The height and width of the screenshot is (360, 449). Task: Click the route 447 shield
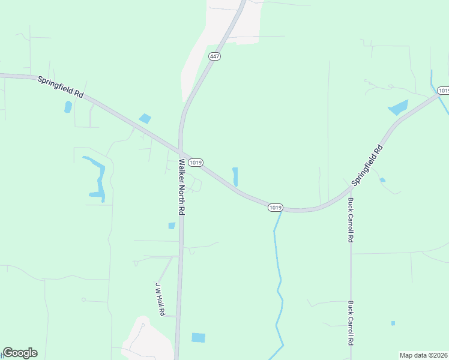click(214, 56)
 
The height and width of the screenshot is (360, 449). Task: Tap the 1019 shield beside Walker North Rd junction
click(195, 163)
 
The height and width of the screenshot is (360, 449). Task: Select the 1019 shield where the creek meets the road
click(275, 207)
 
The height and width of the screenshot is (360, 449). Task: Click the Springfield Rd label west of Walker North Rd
click(60, 87)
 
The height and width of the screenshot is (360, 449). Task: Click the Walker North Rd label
click(181, 187)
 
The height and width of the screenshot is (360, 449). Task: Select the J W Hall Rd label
click(160, 298)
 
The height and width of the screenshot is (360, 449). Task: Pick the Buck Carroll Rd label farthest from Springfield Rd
click(350, 322)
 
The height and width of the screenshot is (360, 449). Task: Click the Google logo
click(20, 353)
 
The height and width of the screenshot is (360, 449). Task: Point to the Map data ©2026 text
click(424, 355)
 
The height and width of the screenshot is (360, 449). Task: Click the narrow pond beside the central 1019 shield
click(235, 176)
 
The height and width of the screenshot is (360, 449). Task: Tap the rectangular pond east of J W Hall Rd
click(198, 337)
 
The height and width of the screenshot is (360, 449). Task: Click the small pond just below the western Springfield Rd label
click(68, 107)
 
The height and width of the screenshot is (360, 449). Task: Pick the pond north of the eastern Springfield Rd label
click(398, 108)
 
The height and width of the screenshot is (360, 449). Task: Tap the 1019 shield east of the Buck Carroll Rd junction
click(443, 91)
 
